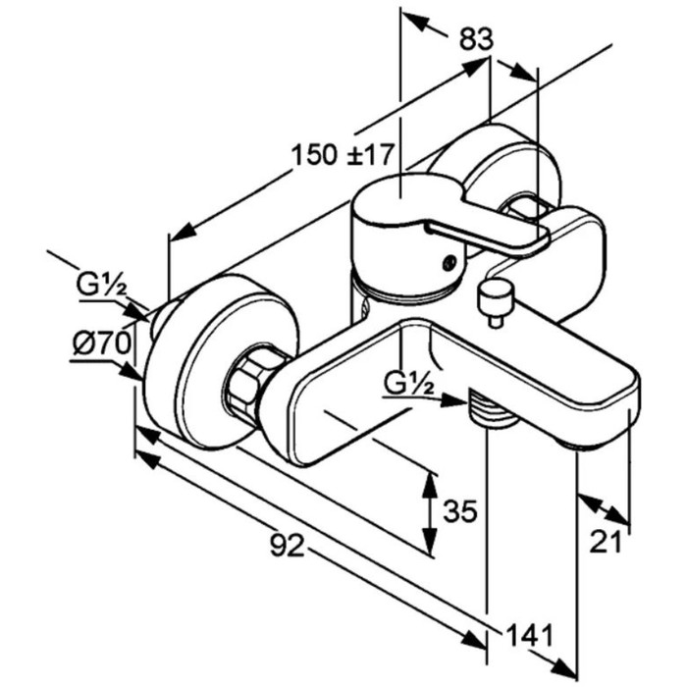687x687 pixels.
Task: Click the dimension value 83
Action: (475, 40)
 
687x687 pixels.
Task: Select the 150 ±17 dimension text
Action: (343, 153)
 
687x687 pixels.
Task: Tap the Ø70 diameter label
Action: (101, 343)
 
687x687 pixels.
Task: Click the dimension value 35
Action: (460, 511)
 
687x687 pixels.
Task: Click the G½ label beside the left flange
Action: (101, 287)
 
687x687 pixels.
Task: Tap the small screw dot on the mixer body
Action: (449, 262)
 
